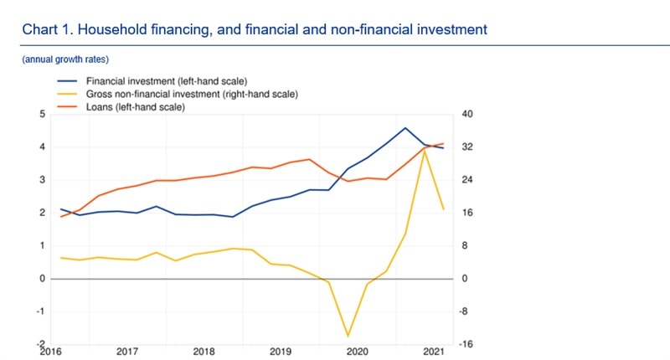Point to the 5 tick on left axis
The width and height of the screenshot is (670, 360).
(41, 114)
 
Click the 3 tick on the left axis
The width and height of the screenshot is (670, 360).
(41, 180)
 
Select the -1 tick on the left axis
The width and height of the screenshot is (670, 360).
(39, 311)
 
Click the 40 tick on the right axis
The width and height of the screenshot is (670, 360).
(468, 114)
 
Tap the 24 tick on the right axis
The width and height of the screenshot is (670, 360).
(468, 180)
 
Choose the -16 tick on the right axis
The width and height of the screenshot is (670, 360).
(469, 344)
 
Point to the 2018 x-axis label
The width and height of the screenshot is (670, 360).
(204, 352)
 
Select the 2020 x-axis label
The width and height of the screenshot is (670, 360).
(357, 352)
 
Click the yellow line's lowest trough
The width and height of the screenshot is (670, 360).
(348, 337)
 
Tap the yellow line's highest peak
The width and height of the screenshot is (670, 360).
(425, 151)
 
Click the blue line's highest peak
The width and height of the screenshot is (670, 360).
(405, 128)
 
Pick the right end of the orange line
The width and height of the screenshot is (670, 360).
(443, 143)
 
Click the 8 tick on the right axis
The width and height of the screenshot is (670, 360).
(466, 245)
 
